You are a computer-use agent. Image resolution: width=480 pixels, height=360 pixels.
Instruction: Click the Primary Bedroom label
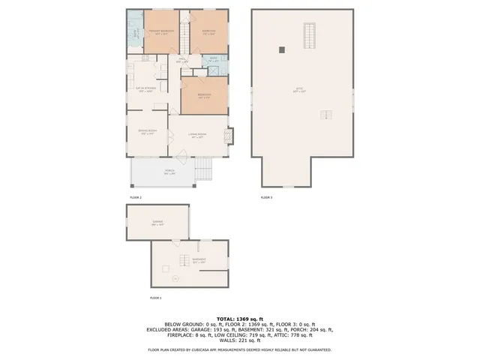point(161,31)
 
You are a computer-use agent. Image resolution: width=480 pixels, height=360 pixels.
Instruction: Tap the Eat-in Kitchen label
point(145,88)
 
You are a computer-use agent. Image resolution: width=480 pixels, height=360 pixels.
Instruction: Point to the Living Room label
point(198,136)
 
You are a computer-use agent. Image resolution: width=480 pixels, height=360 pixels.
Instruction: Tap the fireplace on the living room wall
point(230,136)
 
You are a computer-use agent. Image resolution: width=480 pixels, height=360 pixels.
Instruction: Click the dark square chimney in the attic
point(282,50)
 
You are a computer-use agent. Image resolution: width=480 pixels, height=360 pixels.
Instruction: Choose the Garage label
point(157,223)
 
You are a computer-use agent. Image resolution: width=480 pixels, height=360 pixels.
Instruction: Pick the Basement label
point(198,262)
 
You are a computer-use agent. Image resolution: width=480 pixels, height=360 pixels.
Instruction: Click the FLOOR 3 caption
point(267,197)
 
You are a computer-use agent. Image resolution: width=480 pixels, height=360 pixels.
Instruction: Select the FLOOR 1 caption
point(156,298)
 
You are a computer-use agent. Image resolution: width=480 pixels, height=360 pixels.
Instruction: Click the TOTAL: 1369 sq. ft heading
point(239,318)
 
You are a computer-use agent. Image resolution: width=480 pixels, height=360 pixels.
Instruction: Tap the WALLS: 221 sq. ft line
point(239,341)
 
